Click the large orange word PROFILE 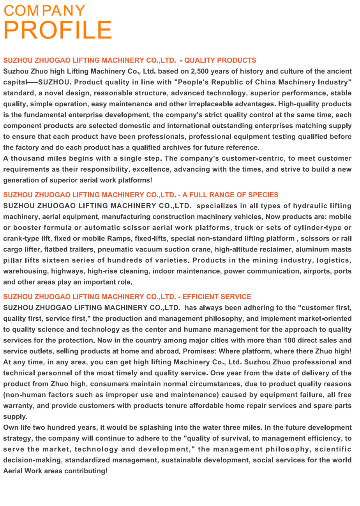[58, 30]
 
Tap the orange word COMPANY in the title [44, 11]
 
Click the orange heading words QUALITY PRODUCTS [220, 60]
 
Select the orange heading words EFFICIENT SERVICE [217, 297]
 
